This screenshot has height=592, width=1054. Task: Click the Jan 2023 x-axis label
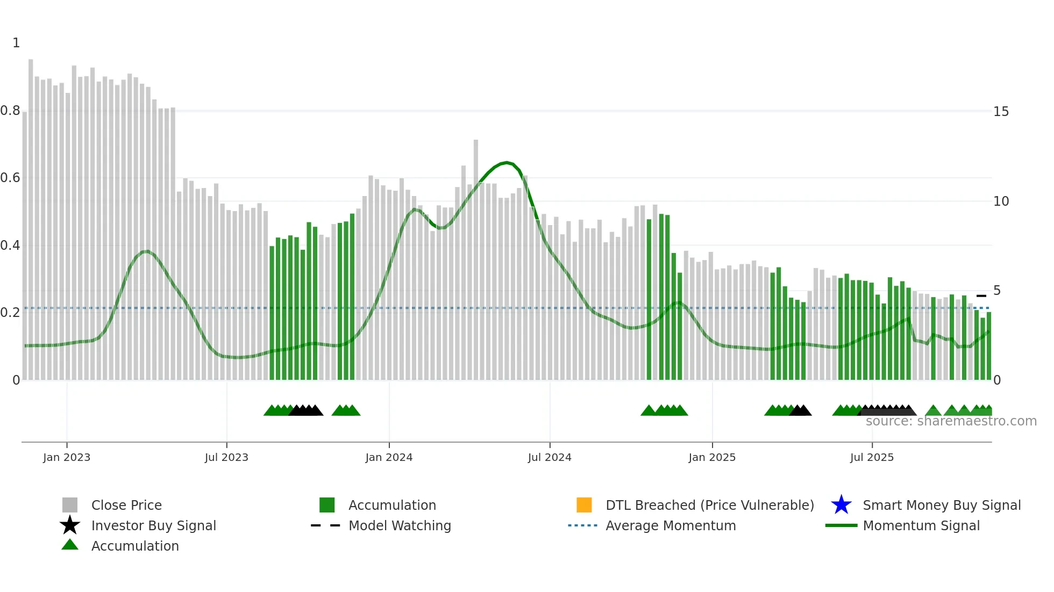[67, 457]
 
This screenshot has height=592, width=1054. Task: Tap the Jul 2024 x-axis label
[550, 457]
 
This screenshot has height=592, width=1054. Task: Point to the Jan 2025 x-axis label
[712, 457]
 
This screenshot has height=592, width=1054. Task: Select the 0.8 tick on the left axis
[10, 111]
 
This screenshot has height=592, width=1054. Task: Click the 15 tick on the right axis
[1001, 112]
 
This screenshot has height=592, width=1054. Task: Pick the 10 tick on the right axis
[1001, 201]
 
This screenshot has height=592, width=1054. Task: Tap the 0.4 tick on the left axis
[10, 246]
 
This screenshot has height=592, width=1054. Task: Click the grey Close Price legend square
[70, 505]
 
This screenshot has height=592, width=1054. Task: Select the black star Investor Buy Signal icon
[70, 525]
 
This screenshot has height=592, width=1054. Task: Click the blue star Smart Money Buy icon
[841, 505]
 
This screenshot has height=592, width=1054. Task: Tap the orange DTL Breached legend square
[584, 505]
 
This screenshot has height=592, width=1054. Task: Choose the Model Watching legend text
[400, 525]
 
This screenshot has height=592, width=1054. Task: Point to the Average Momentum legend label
[671, 525]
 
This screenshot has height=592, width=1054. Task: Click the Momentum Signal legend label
[921, 525]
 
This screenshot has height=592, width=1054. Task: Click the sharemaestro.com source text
[951, 421]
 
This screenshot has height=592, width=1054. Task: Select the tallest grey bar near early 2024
[476, 258]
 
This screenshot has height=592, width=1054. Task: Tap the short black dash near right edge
[981, 296]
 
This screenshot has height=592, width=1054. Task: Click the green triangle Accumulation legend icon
[70, 545]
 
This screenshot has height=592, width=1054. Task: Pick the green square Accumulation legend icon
[327, 505]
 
